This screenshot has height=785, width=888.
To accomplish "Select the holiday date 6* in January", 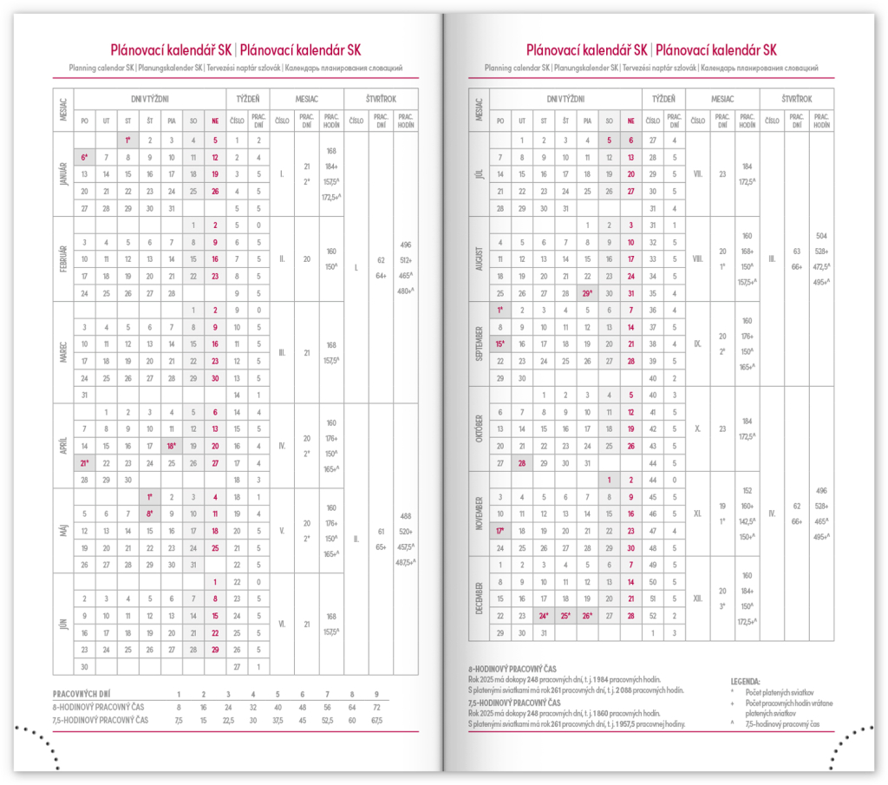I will point(84,157).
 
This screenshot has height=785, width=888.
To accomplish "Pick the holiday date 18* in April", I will point(172,446).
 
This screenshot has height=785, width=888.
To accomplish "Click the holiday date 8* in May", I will point(150,514).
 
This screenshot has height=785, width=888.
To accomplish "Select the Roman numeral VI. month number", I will point(282,624).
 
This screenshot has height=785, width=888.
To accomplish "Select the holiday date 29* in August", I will point(588,293).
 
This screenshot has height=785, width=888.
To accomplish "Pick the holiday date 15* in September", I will point(500,344).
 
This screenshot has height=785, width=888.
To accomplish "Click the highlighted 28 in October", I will point(522,463).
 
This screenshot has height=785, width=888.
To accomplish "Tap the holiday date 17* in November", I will point(500,531).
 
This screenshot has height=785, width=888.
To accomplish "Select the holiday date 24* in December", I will point(544,616).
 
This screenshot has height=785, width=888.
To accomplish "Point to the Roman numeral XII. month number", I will point(698,599).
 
